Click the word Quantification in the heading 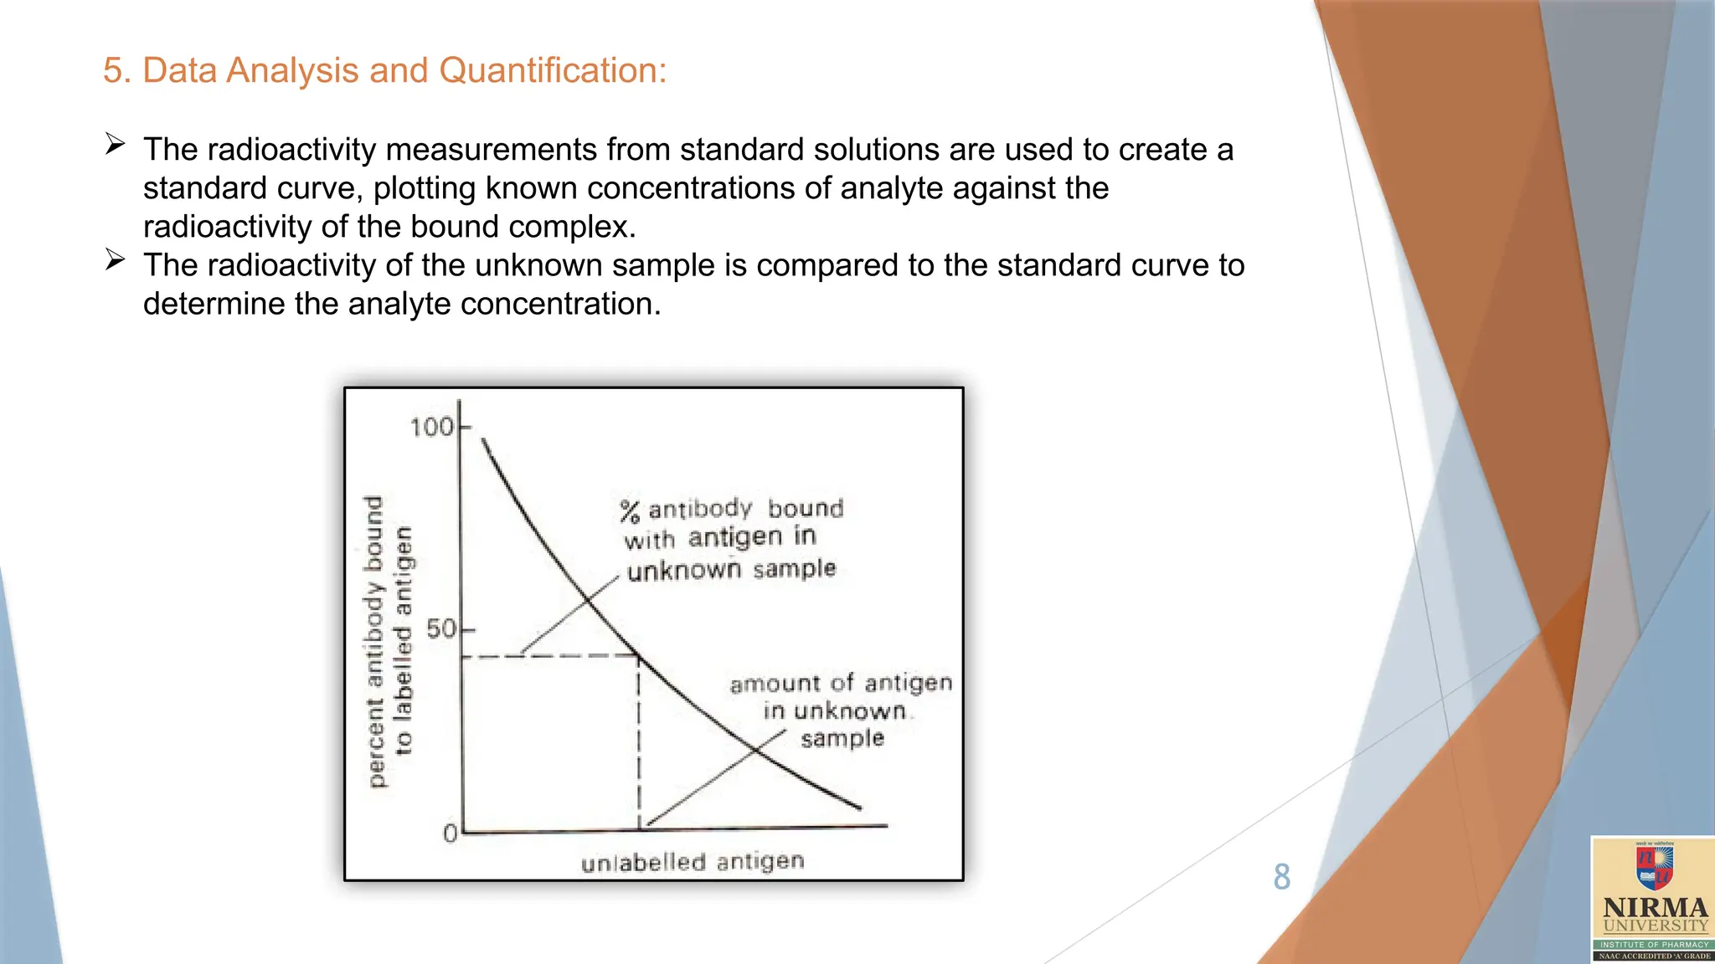pos(552,70)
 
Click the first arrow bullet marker pos(116,145)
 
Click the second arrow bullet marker pos(116,260)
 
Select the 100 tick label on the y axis pos(431,428)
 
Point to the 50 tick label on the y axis pos(441,628)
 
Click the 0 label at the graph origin pos(451,833)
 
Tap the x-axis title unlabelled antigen pos(692,862)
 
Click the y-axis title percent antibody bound pos(375,641)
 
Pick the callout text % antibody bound pos(731,509)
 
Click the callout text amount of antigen pos(840,684)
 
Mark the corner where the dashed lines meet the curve pos(639,655)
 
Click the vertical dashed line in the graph pos(639,745)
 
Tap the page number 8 pos(1281,877)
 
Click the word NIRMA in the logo pos(1655,908)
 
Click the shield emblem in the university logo pos(1655,867)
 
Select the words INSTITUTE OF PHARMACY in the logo pos(1655,944)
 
